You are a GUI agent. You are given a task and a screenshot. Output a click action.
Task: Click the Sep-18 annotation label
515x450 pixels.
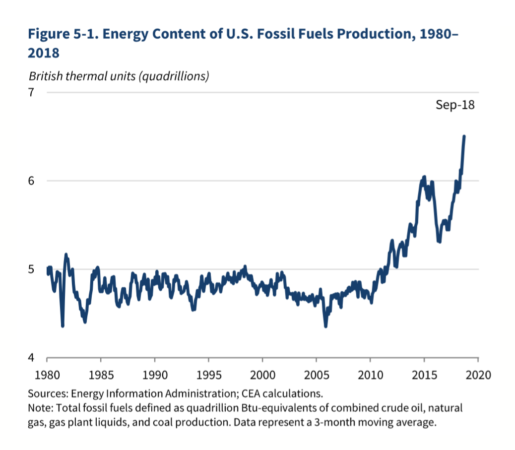tap(455, 105)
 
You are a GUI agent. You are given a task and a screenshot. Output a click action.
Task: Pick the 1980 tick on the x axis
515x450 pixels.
tap(47, 374)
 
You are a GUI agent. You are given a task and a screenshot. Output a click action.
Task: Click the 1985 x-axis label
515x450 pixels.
tap(101, 374)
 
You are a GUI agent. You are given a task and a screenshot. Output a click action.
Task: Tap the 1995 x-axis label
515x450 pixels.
tap(209, 374)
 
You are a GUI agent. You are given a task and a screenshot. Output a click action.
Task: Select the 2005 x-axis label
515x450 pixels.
tap(317, 374)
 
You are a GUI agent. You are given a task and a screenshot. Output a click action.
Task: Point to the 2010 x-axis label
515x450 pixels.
tap(371, 374)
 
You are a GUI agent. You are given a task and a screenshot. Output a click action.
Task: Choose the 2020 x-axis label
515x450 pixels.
tap(478, 374)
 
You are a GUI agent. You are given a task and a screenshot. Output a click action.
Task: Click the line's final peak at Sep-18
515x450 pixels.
tap(464, 136)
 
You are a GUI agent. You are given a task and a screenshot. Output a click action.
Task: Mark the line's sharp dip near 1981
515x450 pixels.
tap(63, 325)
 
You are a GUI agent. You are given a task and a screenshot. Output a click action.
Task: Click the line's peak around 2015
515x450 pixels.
tap(424, 177)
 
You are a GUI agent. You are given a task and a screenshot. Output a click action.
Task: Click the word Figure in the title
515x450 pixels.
tap(49, 35)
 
